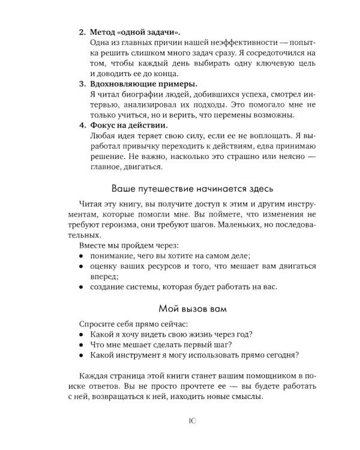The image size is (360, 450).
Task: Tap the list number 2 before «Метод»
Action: point(82,32)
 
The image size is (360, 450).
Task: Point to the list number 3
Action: point(82,83)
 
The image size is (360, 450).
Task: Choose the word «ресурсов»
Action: point(161,266)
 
